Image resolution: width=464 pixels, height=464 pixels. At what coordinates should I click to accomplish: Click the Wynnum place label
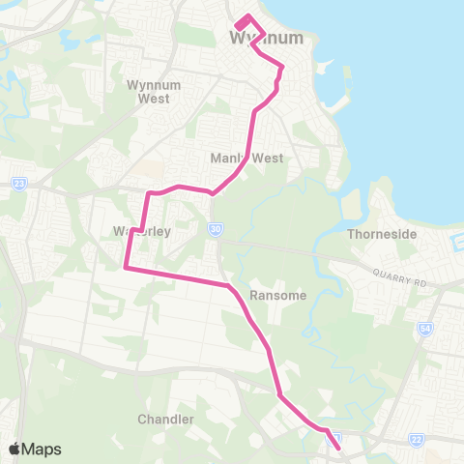(266, 39)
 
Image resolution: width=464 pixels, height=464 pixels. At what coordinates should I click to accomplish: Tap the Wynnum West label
(148, 91)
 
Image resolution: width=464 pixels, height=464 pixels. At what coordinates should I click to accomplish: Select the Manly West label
(247, 158)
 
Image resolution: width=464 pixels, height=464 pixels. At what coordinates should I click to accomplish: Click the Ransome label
(277, 295)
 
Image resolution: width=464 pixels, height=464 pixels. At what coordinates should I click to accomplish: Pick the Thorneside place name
(380, 234)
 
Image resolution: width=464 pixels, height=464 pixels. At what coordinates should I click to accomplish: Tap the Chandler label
(166, 420)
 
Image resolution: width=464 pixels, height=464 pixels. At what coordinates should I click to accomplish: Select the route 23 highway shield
(18, 183)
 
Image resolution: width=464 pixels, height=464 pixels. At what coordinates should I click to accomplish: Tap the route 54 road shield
(424, 329)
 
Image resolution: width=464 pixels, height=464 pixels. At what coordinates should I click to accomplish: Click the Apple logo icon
(14, 449)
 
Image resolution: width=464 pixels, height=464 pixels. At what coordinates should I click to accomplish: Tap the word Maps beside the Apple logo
(43, 449)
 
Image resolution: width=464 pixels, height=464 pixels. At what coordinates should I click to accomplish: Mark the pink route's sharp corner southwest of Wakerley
(126, 268)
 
